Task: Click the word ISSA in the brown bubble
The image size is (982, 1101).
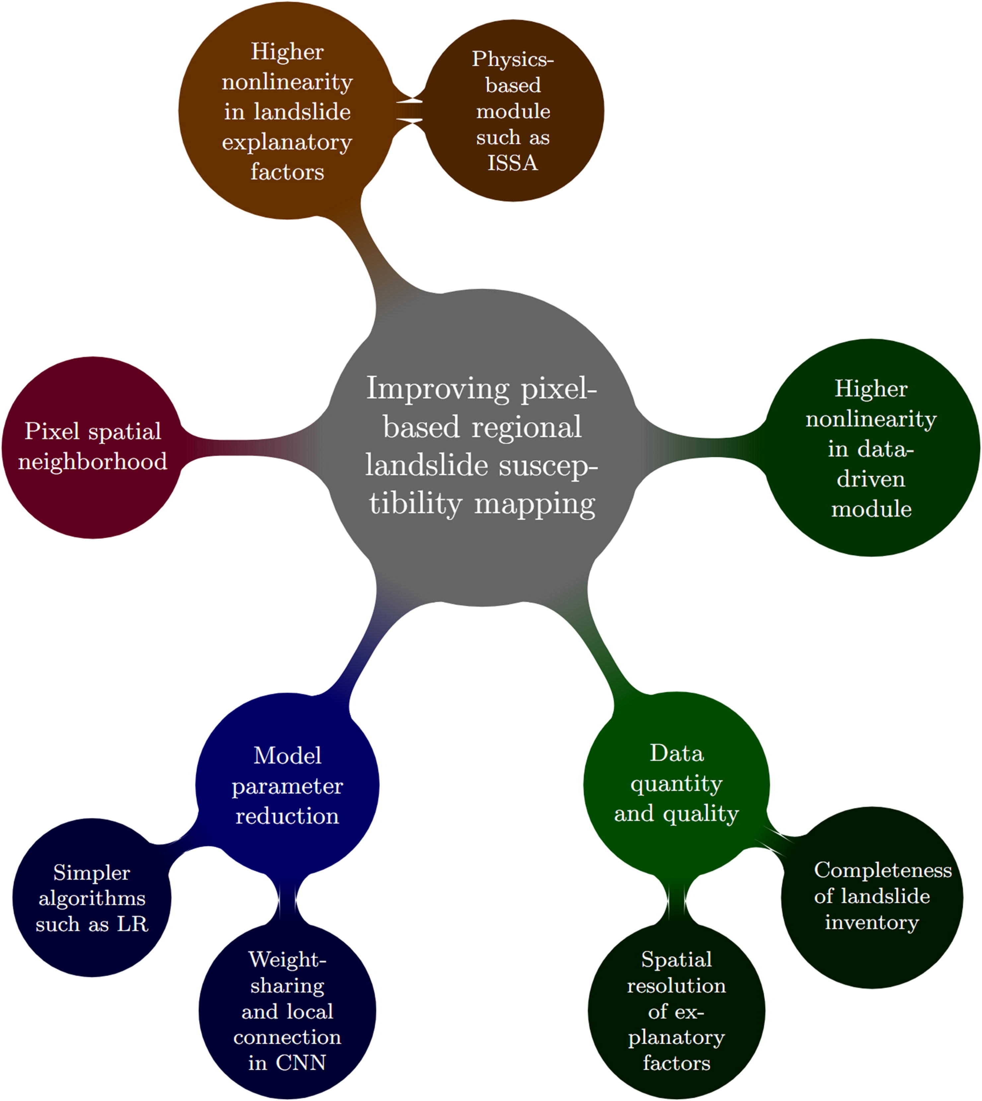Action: (513, 163)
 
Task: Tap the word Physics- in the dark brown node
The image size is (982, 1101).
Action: (513, 59)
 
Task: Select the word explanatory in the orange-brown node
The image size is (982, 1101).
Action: (287, 142)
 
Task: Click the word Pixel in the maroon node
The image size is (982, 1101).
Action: (52, 432)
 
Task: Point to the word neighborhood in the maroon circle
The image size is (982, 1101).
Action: (93, 462)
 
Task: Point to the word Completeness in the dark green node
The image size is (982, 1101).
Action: (883, 869)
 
